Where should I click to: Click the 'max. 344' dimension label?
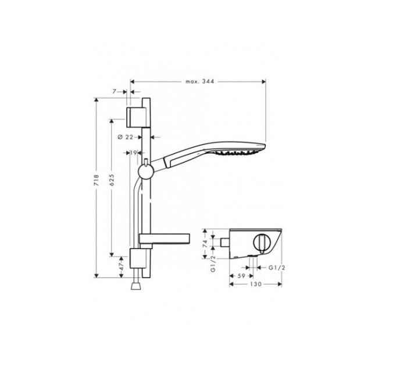click(200, 82)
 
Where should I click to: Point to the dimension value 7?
click(115, 91)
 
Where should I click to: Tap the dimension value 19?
click(133, 153)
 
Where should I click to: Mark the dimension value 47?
click(121, 265)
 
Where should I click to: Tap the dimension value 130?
click(255, 285)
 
